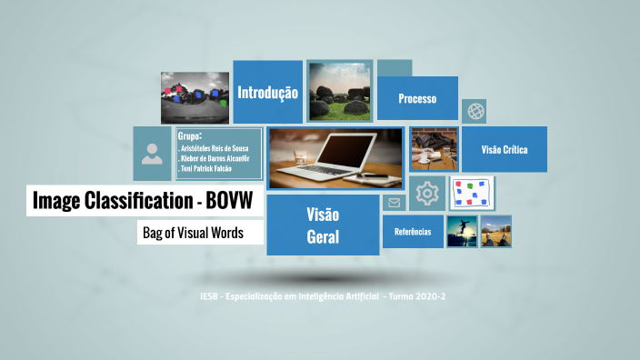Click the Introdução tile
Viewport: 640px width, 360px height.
pyautogui.click(x=267, y=92)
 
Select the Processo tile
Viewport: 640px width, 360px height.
pyautogui.click(x=417, y=98)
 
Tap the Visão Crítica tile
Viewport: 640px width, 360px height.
pyautogui.click(x=505, y=150)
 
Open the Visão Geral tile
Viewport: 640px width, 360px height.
pyautogui.click(x=323, y=225)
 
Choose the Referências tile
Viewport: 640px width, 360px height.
pyautogui.click(x=413, y=232)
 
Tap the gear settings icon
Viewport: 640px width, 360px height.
pyautogui.click(x=427, y=193)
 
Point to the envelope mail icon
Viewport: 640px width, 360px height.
pyautogui.click(x=394, y=203)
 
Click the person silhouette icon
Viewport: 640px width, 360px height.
pyautogui.click(x=152, y=153)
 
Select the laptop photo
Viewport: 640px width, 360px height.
pyautogui.click(x=335, y=156)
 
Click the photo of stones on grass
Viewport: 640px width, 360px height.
pyautogui.click(x=339, y=91)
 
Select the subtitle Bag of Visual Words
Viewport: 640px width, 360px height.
pyautogui.click(x=193, y=233)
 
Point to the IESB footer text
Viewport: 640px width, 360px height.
pyautogui.click(x=323, y=297)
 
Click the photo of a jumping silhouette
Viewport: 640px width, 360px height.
pyautogui.click(x=462, y=231)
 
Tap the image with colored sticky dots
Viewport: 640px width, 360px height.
pyautogui.click(x=471, y=193)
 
